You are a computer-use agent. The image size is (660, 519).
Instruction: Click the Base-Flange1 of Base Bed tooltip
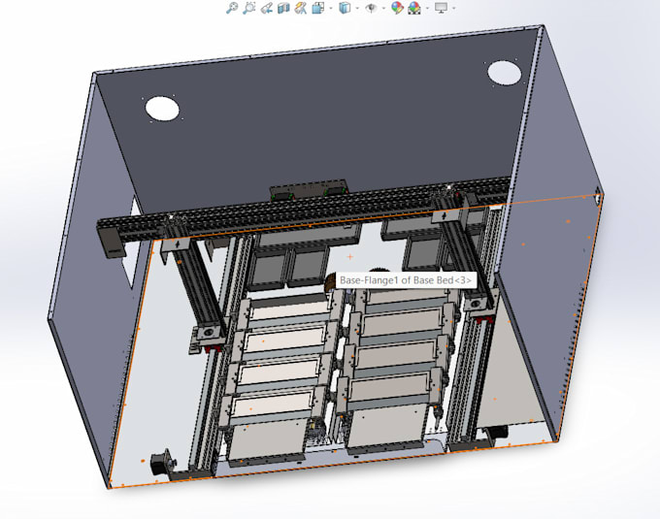click(405, 280)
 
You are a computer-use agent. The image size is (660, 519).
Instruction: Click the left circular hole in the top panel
click(161, 108)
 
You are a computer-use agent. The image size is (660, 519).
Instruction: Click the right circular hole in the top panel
click(504, 72)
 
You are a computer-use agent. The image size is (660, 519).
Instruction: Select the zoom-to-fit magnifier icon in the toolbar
click(231, 8)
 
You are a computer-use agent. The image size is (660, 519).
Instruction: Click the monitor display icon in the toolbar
click(442, 8)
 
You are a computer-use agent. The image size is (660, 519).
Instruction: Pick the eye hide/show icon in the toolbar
click(371, 8)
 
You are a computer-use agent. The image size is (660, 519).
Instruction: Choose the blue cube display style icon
click(344, 8)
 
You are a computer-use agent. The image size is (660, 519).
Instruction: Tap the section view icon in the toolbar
click(283, 8)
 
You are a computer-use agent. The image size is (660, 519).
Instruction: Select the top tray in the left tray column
click(284, 312)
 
